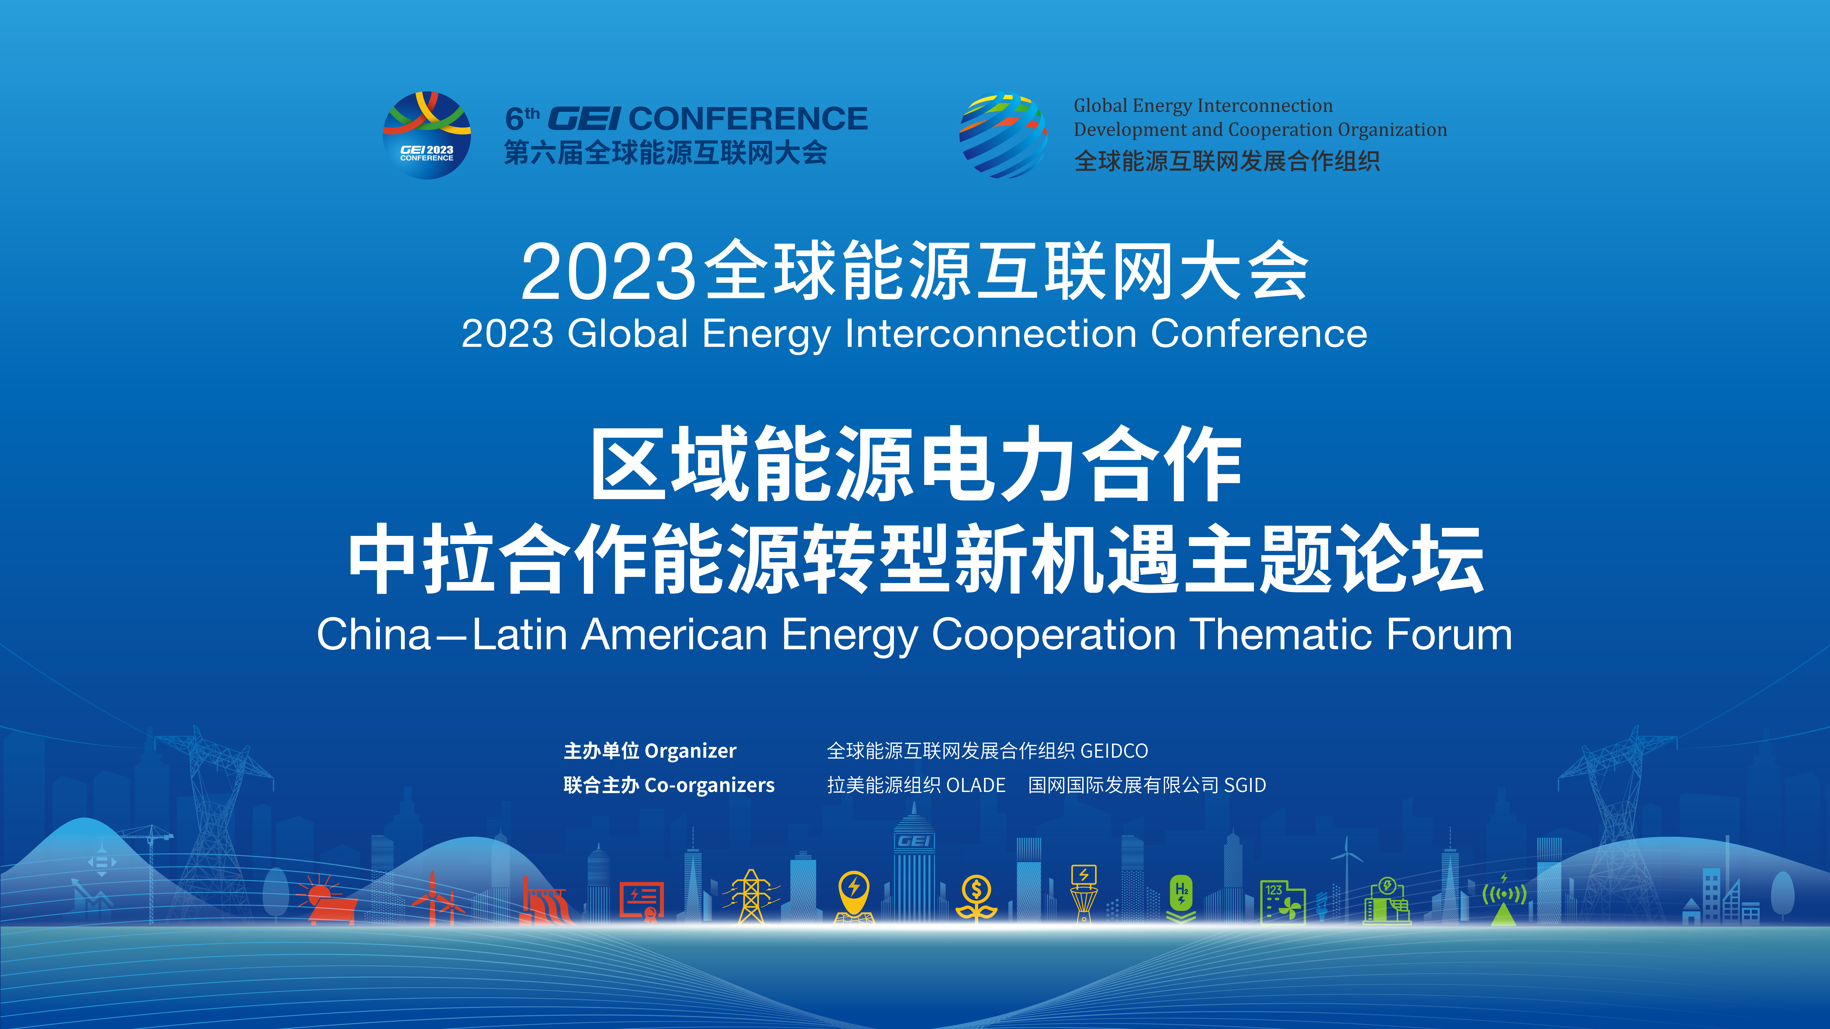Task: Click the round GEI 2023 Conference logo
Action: [427, 135]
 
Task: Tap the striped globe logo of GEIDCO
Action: [1003, 135]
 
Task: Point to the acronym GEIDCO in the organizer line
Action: [1114, 751]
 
